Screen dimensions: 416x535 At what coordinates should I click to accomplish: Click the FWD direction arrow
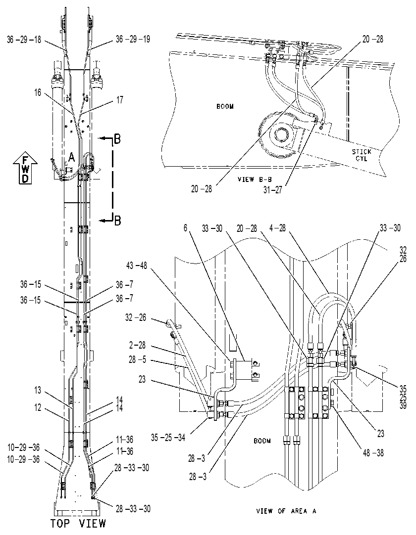tap(25, 169)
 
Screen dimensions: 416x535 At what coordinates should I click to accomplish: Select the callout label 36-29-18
tap(24, 40)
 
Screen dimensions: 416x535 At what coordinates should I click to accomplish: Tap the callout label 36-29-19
tap(133, 39)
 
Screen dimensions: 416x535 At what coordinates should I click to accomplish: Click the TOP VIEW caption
tap(78, 523)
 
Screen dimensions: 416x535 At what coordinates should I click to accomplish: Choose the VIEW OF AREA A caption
tap(286, 511)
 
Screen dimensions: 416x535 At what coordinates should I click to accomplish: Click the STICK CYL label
tap(362, 155)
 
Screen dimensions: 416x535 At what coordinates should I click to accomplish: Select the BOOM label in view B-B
tap(225, 106)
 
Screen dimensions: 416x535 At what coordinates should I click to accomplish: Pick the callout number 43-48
tap(136, 266)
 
